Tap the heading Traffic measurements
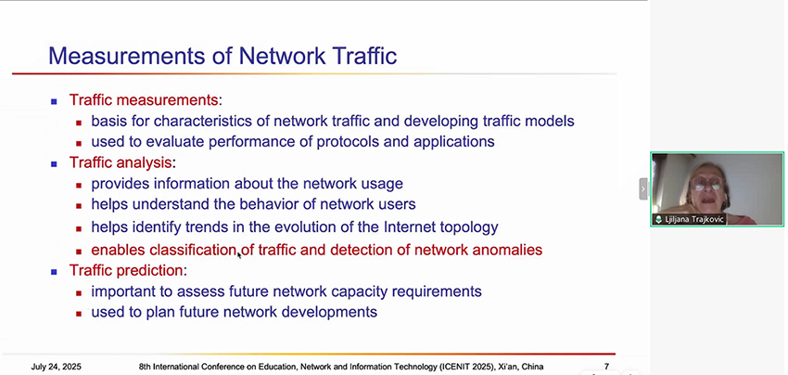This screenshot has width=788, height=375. [144, 100]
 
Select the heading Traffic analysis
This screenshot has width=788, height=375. [121, 163]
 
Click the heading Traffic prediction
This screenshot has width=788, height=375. [126, 271]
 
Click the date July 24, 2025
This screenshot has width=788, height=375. [57, 367]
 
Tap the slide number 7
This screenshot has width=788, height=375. [606, 367]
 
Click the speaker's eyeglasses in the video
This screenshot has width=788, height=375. [706, 183]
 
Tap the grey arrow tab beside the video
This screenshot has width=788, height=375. [643, 188]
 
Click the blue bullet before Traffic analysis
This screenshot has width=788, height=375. [55, 164]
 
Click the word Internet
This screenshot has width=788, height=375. [407, 227]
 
